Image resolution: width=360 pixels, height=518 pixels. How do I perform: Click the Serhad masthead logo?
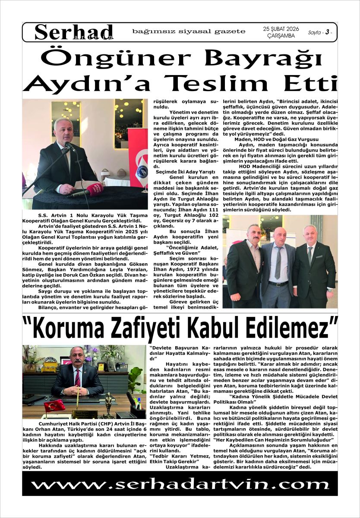74,32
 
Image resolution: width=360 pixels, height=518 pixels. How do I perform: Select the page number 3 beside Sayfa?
328,32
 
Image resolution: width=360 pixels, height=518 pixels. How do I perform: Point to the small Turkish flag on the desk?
54,405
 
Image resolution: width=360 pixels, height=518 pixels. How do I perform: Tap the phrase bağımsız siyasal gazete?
189,32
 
